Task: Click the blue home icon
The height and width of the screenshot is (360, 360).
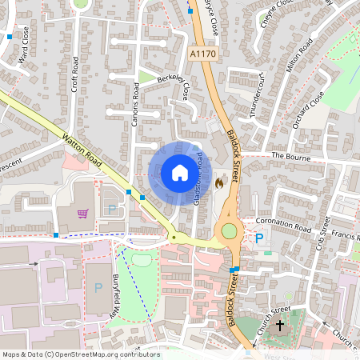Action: (179, 172)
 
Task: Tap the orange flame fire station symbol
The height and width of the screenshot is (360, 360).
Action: (219, 182)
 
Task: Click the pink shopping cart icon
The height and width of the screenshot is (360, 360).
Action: (83, 214)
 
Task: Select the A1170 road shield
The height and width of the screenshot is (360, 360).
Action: (203, 53)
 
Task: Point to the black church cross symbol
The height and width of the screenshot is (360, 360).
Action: (280, 326)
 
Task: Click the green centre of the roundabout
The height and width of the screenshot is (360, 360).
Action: (230, 231)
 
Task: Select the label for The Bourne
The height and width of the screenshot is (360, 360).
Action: (290, 156)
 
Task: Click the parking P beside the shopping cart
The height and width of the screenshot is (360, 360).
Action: (111, 210)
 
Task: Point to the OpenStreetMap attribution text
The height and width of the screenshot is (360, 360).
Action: (82, 354)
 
